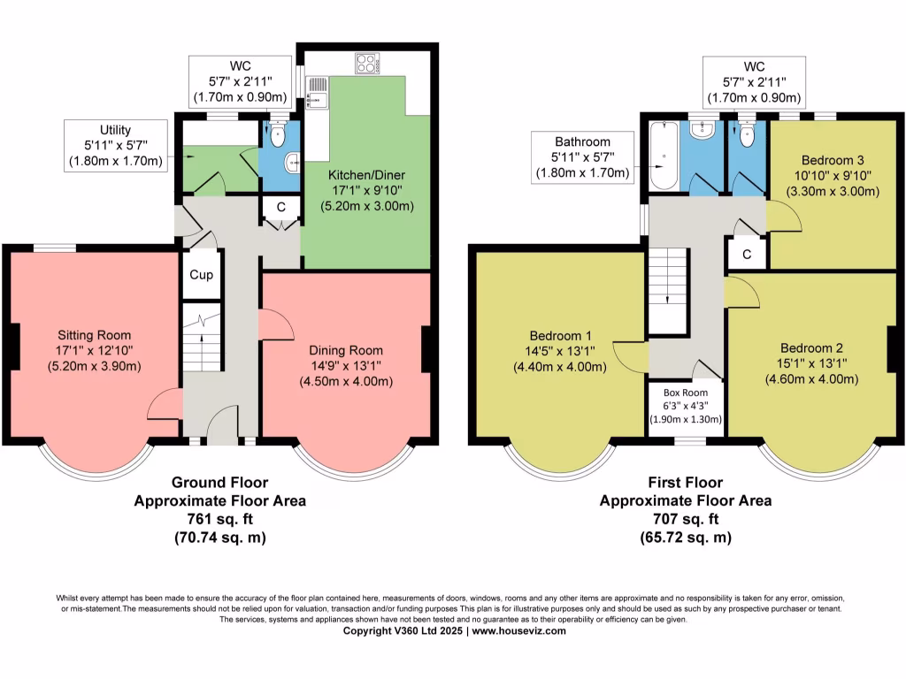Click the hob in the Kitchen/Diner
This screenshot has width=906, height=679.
365,63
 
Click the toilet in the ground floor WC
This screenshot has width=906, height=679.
276,137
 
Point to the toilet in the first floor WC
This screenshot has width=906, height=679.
747,135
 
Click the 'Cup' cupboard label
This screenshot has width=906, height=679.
201,275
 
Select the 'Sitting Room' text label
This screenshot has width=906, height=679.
94,335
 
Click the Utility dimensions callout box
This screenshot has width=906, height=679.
115,146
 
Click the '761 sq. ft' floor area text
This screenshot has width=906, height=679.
219,518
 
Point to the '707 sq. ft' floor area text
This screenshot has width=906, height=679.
685,518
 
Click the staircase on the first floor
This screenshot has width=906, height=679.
668,289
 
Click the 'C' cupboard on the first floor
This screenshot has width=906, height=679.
747,255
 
